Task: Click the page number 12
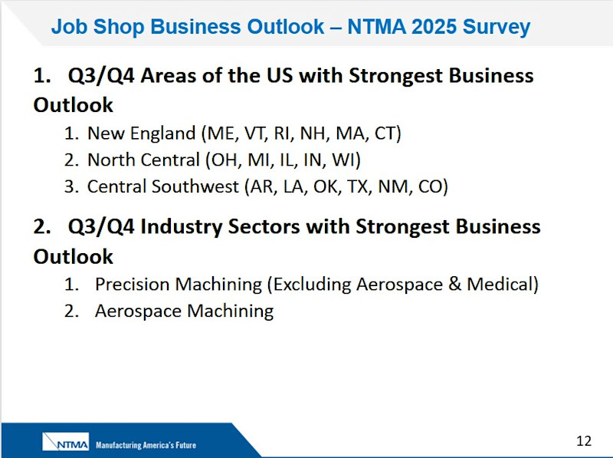(584, 441)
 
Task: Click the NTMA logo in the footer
(66, 442)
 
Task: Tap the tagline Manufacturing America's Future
(146, 445)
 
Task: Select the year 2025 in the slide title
(434, 27)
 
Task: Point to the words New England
(142, 134)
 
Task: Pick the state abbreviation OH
(223, 160)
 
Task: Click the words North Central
(143, 160)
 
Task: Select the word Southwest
(195, 186)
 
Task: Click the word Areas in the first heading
(168, 75)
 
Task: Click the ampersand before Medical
(454, 284)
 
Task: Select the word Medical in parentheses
(500, 284)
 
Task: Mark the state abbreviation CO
(430, 186)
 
